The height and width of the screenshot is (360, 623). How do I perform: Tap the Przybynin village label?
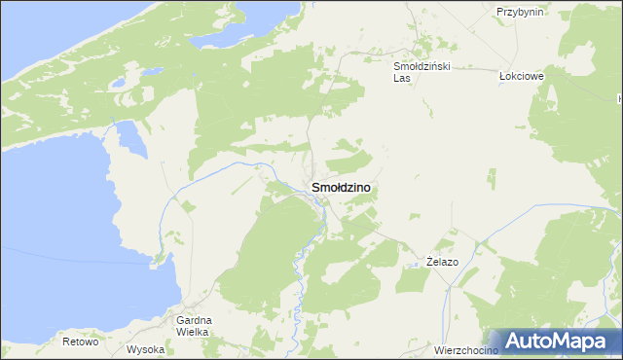tap(519, 12)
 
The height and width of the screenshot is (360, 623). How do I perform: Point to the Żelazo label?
tap(442, 263)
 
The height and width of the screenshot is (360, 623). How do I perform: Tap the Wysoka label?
tap(146, 348)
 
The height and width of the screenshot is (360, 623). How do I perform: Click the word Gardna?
tap(195, 320)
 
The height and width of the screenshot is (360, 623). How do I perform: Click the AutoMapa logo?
tap(559, 341)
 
